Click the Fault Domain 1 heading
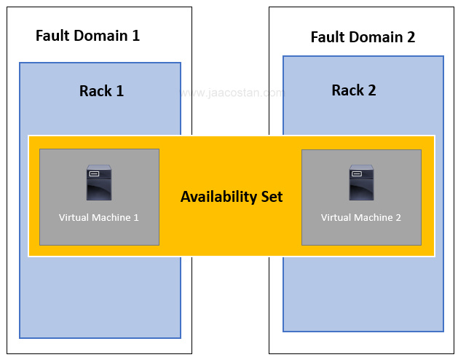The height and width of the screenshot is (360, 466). pos(87,35)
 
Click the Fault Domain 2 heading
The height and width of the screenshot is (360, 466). pos(363,37)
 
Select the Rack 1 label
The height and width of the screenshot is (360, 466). pos(101,91)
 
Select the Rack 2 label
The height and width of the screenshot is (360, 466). pos(354,90)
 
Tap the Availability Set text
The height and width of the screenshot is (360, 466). pos(232,197)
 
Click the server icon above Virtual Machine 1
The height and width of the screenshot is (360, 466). pos(99,183)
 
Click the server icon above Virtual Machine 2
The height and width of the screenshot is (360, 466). pos(361,183)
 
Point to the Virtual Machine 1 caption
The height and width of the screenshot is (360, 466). pos(99,217)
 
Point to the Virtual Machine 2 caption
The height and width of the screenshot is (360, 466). pos(361,217)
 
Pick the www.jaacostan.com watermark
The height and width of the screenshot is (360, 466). pos(232,93)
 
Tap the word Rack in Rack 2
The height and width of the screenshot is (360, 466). pos(347,90)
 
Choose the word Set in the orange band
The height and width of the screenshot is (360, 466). pos(272,197)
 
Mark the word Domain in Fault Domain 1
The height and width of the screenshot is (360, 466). pos(100,35)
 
